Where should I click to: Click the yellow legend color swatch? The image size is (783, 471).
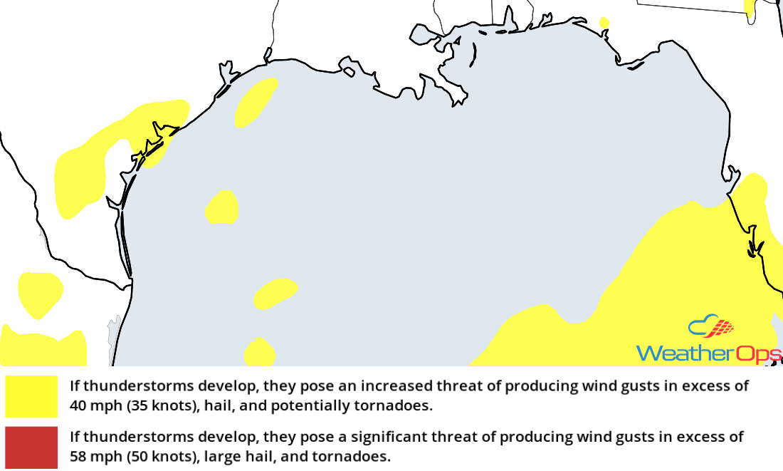[31, 396]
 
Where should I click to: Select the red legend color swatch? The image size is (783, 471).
[31, 447]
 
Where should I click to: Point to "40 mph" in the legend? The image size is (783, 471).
[90, 407]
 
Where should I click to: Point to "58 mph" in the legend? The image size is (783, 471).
[90, 456]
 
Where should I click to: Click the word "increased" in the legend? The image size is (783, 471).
[395, 387]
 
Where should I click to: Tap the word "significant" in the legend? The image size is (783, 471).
[382, 436]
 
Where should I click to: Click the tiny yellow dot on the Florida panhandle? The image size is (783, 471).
[604, 23]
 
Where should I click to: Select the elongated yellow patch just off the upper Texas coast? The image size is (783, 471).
[255, 103]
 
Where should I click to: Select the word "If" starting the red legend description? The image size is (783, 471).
[74, 436]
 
